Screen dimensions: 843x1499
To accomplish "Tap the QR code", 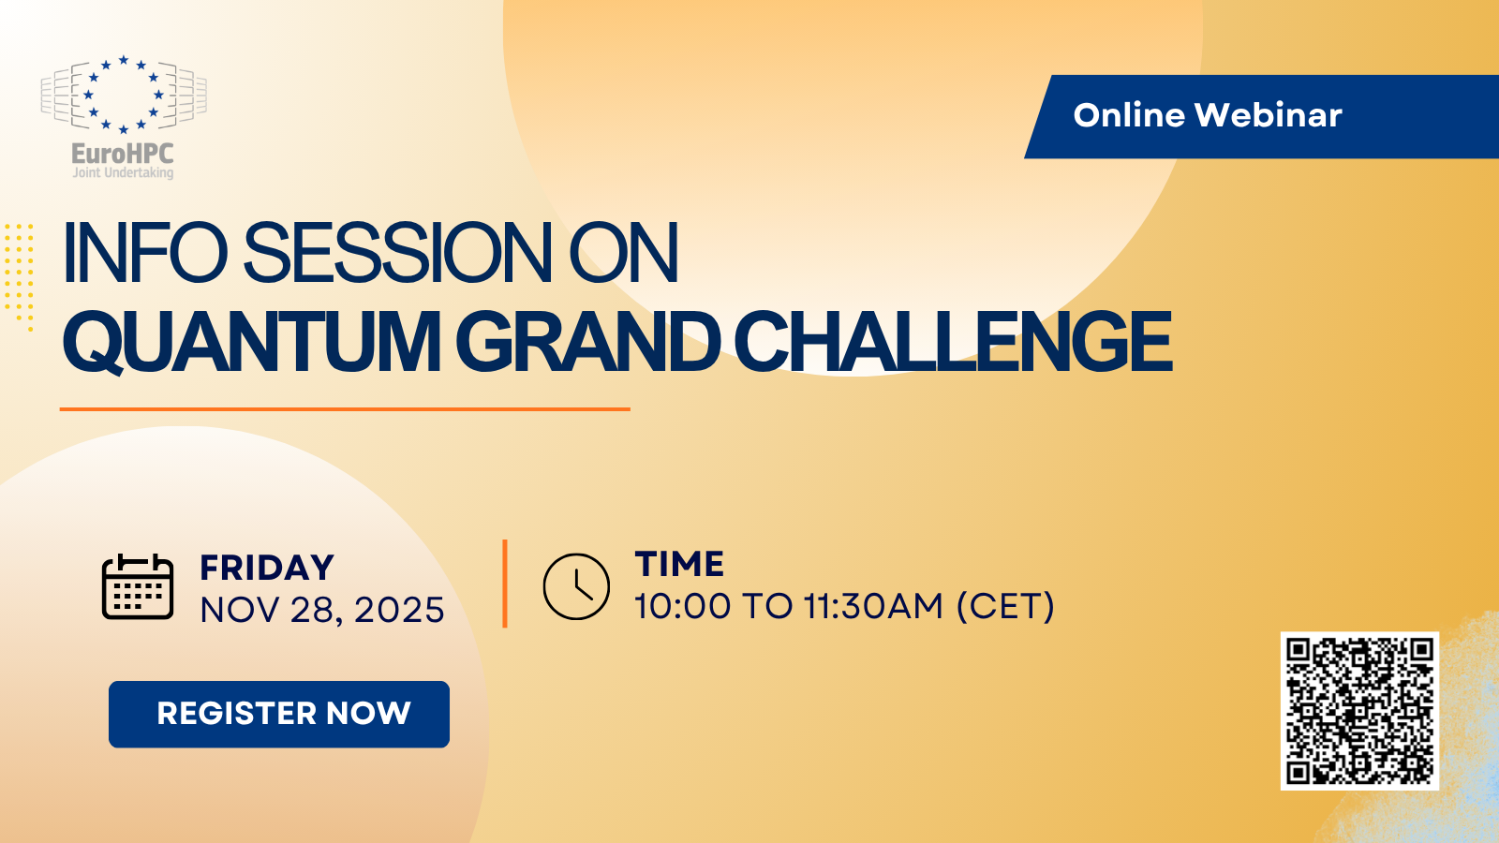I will [x=1359, y=710].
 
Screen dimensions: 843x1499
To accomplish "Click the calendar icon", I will [x=137, y=587].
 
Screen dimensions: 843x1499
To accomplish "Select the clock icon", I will [x=576, y=586].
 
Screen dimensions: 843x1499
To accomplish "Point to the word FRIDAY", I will [x=267, y=569].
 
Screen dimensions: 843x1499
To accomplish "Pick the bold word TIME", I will [x=679, y=565].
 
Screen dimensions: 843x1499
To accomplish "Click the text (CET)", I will [x=1005, y=607].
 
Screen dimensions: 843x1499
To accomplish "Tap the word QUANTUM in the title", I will [x=251, y=342].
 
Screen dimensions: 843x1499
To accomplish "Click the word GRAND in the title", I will [x=588, y=342].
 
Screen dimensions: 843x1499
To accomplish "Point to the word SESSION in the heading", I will [x=398, y=253].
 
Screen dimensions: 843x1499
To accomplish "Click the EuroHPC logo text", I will [x=123, y=154].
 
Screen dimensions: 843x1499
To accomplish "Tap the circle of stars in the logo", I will [x=123, y=94].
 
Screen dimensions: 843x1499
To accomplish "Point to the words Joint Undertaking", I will [x=123, y=173].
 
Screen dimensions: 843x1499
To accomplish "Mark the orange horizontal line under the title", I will [x=345, y=409].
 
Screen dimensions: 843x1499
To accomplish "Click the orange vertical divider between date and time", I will [x=505, y=583].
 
